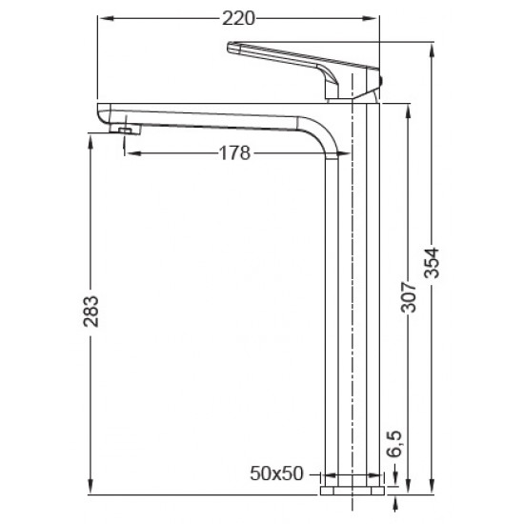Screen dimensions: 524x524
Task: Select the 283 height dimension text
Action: coord(91,307)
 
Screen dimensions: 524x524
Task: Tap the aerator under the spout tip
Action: coord(124,127)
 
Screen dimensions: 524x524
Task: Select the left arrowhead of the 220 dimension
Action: coord(103,17)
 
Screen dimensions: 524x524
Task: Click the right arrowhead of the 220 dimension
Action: coord(374,17)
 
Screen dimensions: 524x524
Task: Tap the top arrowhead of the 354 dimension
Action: coord(433,43)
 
